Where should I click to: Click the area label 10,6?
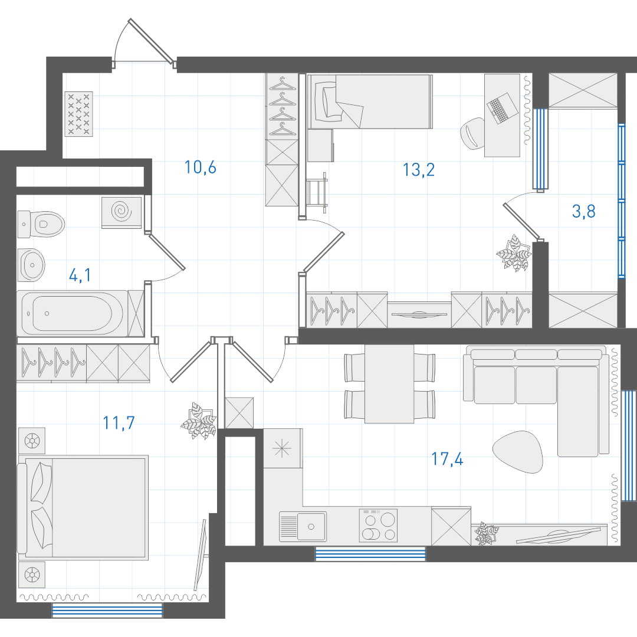(201, 168)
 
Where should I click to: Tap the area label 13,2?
(418, 170)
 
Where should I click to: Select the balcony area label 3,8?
(584, 211)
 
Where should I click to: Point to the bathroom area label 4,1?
(80, 275)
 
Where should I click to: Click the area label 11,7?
(119, 423)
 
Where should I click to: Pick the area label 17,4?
(447, 459)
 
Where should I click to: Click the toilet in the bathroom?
(41, 224)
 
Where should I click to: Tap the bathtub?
(73, 313)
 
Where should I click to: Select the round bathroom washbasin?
(32, 265)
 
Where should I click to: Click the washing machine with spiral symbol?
(122, 212)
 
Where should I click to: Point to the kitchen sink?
(303, 527)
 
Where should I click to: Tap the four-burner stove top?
(378, 526)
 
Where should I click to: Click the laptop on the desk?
(502, 108)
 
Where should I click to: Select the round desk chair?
(473, 133)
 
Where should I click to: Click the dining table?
(389, 384)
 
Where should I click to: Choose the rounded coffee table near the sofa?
(518, 452)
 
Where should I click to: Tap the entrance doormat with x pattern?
(79, 114)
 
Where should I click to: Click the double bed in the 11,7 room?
(83, 507)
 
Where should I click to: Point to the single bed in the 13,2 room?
(370, 101)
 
